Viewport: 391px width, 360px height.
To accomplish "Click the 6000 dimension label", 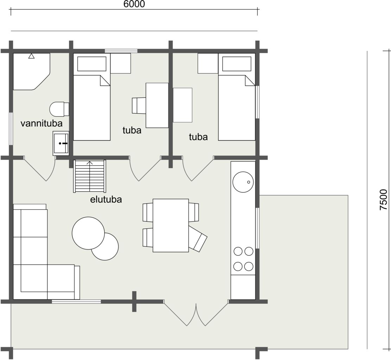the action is tap(134, 4).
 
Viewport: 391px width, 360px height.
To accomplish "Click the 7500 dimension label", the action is tap(383, 200).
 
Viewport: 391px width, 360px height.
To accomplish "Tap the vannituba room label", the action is tap(41, 123).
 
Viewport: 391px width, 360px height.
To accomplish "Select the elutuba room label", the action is tap(106, 199).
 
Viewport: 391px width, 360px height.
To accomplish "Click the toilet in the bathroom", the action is tap(59, 109).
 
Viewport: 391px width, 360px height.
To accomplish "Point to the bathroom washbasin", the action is tap(61, 143).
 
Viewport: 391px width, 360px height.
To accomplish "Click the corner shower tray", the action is tap(31, 71).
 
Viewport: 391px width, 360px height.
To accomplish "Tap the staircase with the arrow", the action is tap(90, 176).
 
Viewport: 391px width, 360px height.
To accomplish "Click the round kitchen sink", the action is tap(243, 182).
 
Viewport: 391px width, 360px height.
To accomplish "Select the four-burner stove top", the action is tap(243, 259).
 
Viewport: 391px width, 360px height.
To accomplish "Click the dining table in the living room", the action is tap(171, 225).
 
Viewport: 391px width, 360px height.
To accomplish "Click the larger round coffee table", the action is tap(88, 233).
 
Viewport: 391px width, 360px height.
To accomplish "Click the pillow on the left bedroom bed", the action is tap(92, 64).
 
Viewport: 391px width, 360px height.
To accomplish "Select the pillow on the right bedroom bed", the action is tap(237, 64).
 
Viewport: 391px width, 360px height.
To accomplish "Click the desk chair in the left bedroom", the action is tap(139, 105).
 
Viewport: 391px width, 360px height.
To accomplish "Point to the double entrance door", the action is tap(196, 313).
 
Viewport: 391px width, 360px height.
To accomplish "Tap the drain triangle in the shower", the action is tap(31, 56).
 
